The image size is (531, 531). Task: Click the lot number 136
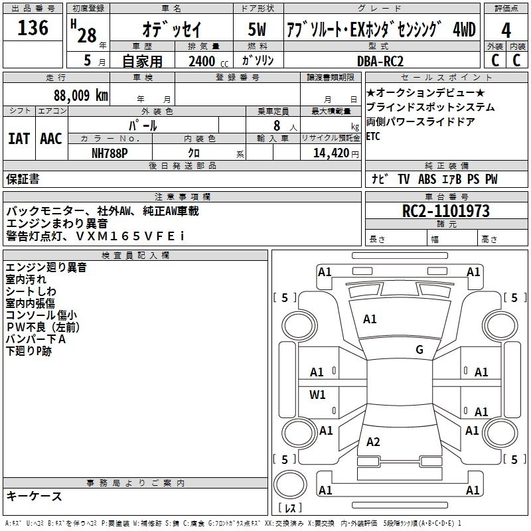(x=33, y=29)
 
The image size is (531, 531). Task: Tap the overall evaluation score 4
(x=506, y=31)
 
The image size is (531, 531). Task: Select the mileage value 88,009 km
(x=81, y=95)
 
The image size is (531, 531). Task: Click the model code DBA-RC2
(x=379, y=60)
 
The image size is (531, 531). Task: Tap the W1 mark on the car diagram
(x=318, y=396)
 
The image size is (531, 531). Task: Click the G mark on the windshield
(x=419, y=350)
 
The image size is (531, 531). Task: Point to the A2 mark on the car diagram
(x=373, y=442)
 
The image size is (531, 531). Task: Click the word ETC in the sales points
(x=374, y=136)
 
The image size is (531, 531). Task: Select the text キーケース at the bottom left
(x=35, y=496)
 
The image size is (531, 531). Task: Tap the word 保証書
(x=23, y=179)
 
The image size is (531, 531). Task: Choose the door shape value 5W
(x=258, y=30)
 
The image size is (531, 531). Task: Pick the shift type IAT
(x=19, y=139)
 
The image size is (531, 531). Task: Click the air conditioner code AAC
(x=50, y=139)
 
